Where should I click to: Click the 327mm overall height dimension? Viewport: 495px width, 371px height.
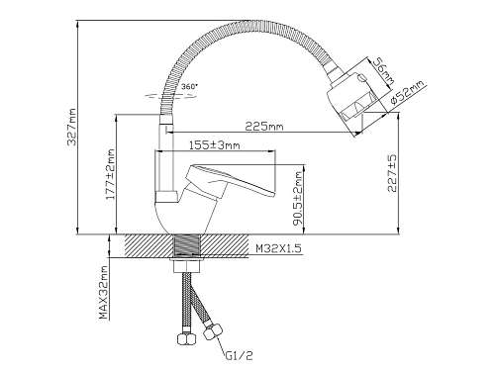[x=71, y=127]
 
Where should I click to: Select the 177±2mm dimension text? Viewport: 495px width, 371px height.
[x=111, y=174]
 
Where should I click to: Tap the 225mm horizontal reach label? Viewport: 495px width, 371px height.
[x=264, y=126]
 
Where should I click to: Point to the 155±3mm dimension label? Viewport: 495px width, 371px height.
[x=215, y=144]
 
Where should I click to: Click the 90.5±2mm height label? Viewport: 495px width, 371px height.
[x=298, y=198]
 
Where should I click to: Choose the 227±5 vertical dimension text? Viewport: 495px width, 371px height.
[x=392, y=173]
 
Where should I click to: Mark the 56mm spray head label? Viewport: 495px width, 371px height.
[x=383, y=73]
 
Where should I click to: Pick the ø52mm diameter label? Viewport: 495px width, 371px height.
[x=407, y=93]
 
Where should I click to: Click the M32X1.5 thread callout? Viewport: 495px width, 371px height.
[x=279, y=248]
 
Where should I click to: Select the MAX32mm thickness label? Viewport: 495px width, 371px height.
[x=104, y=293]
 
